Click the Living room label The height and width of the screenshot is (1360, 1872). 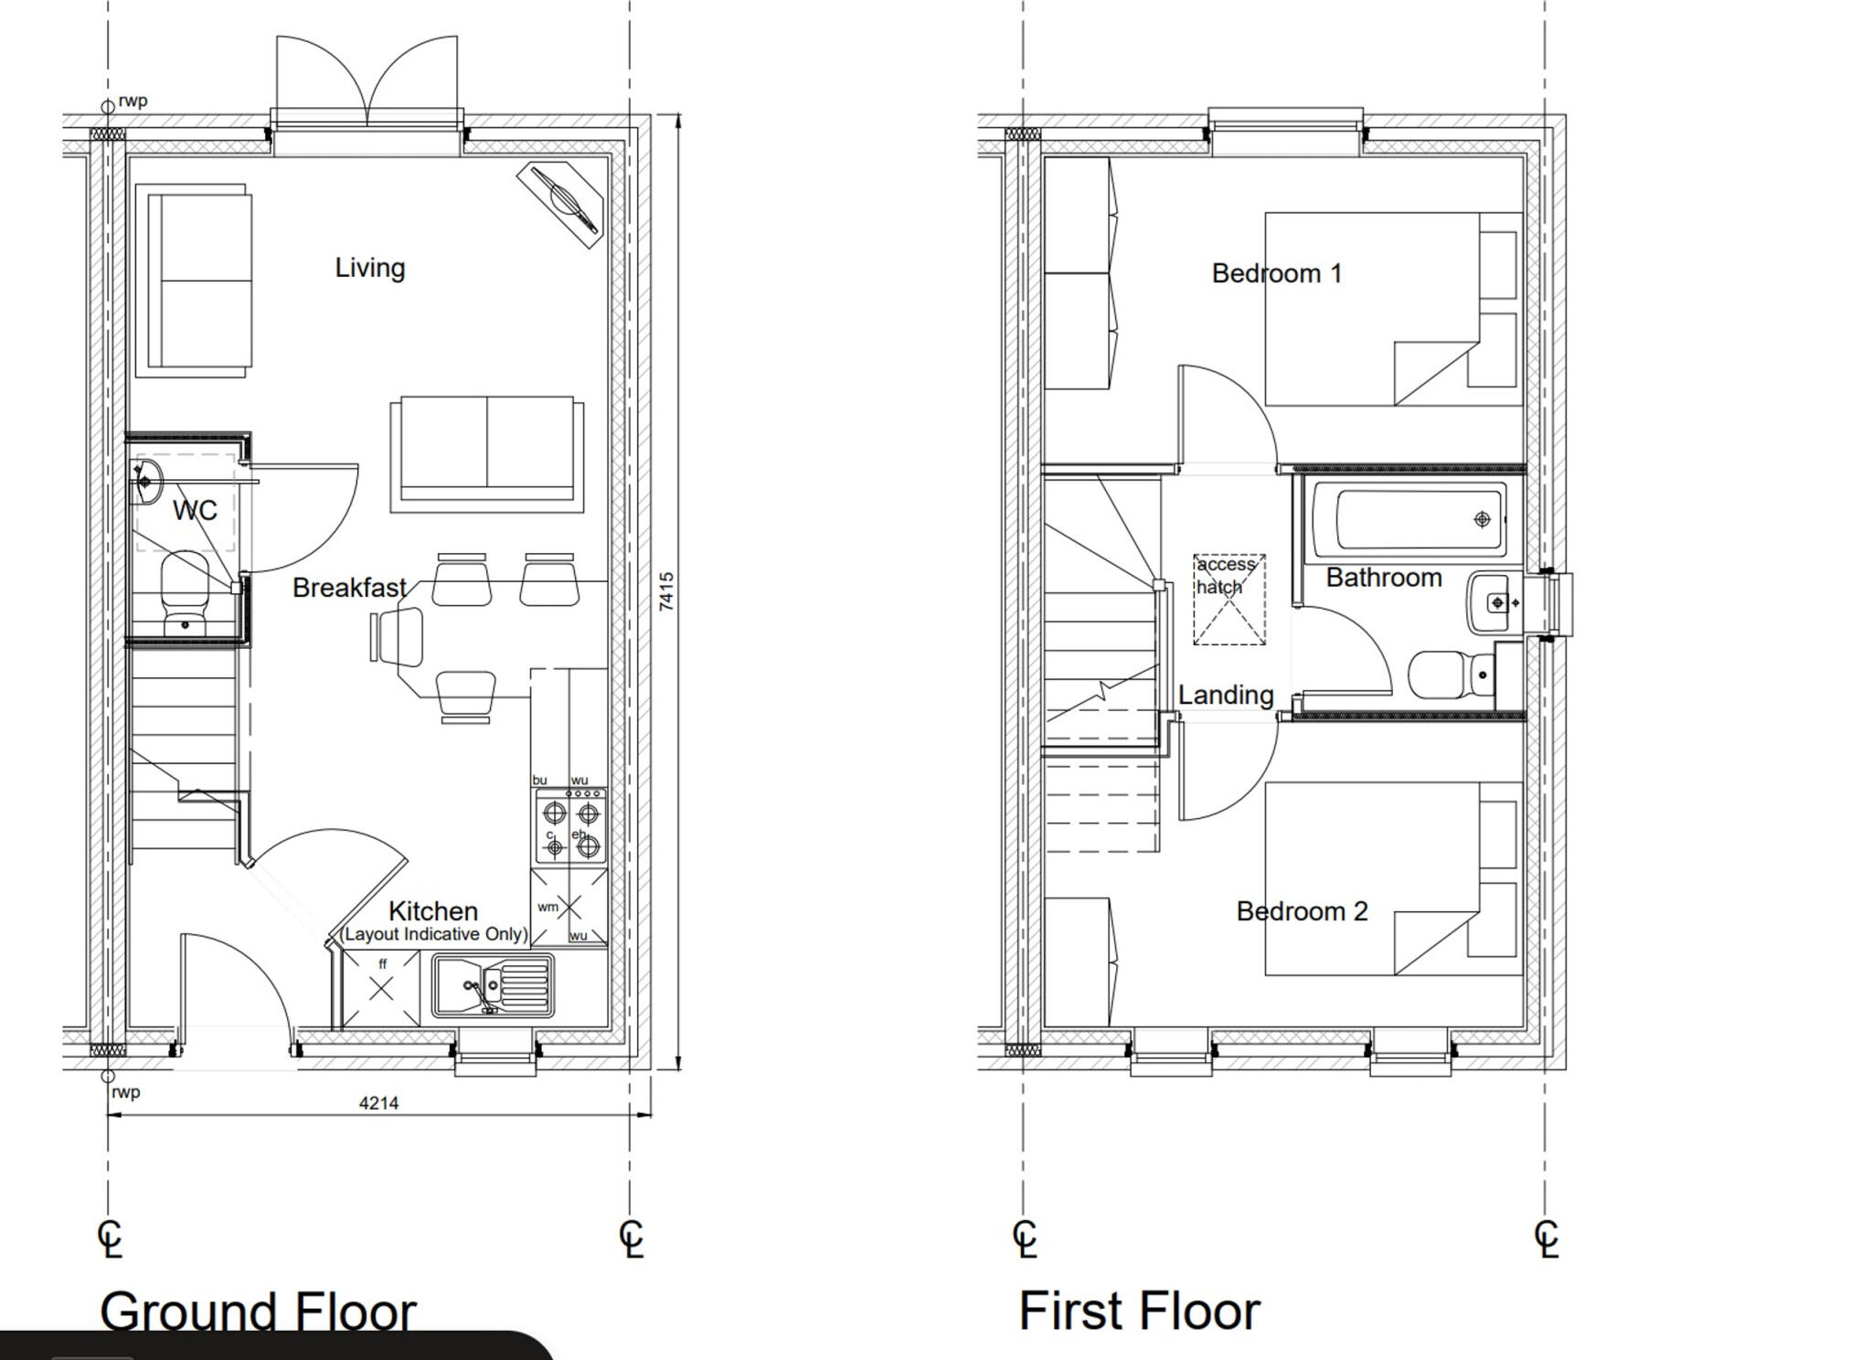point(369,268)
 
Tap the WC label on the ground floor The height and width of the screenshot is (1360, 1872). point(195,510)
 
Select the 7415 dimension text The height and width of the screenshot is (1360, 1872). point(666,591)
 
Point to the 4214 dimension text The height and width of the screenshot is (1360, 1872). point(378,1103)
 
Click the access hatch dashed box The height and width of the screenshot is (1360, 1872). point(1229,600)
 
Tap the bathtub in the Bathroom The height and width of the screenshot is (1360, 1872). point(1409,519)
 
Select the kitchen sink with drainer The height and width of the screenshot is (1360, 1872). point(494,985)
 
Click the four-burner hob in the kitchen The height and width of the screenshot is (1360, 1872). point(569,828)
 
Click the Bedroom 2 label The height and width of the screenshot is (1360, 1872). point(1302,911)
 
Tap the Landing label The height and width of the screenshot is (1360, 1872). point(1225,695)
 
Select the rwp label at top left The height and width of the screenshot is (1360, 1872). point(133,101)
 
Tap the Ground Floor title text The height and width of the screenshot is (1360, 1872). point(258,1312)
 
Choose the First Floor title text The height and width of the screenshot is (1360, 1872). point(1139,1311)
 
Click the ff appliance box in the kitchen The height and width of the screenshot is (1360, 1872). point(381,988)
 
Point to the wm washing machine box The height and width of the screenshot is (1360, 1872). point(568,908)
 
